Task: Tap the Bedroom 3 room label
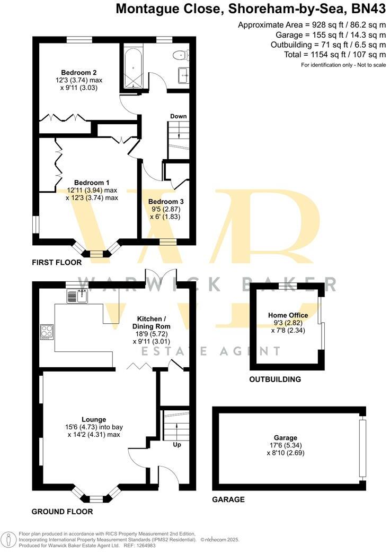click(x=166, y=202)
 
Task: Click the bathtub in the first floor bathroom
click(x=131, y=67)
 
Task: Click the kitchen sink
click(x=77, y=296)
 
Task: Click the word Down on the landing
click(x=179, y=116)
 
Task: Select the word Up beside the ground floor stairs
click(x=177, y=445)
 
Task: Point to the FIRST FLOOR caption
click(x=57, y=262)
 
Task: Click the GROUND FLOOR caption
click(x=62, y=512)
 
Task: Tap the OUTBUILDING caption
click(x=275, y=379)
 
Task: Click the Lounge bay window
click(x=96, y=496)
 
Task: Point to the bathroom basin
click(x=185, y=75)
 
